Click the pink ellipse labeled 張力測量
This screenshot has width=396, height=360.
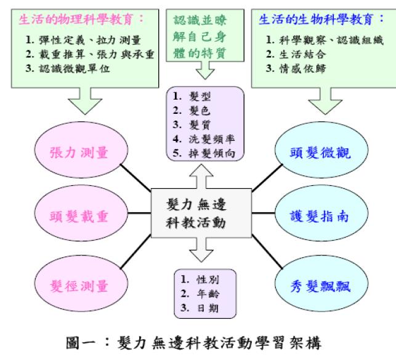[x=81, y=150]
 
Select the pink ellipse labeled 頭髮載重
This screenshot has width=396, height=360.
[x=81, y=214]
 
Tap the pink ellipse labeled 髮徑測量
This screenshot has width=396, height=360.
[x=81, y=284]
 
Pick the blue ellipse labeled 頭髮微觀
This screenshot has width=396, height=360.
[x=321, y=150]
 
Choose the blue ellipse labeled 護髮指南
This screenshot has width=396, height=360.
[x=321, y=214]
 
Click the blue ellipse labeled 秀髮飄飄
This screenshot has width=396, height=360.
[x=321, y=284]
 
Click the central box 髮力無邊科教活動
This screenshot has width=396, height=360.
[x=201, y=213]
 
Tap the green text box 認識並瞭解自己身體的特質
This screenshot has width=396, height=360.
[x=205, y=36]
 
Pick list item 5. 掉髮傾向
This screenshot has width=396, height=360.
[x=204, y=153]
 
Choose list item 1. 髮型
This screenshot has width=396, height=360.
[x=192, y=96]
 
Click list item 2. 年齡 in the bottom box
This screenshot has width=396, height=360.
[x=200, y=294]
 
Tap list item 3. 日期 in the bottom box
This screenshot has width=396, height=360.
[x=200, y=308]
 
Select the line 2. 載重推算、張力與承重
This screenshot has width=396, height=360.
[x=90, y=54]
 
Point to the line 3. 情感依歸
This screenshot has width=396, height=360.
[x=296, y=68]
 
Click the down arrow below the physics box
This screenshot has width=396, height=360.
[x=85, y=101]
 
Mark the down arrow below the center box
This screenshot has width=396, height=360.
[x=201, y=250]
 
